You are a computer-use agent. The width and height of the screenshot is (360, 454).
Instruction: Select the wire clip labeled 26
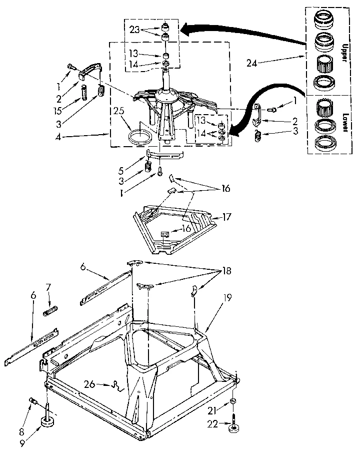[118, 385]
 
